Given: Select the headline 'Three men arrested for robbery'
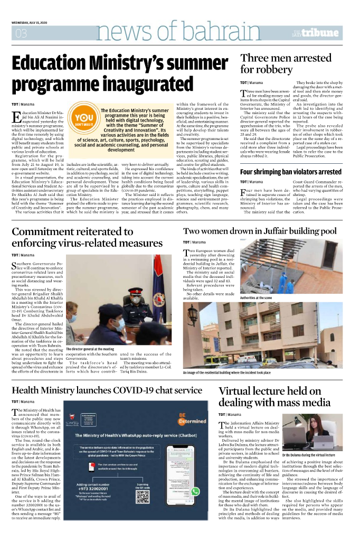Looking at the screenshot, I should click(286, 63).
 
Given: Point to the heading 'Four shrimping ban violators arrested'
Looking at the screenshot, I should click(290, 172).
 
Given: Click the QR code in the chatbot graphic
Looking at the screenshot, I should click(143, 496).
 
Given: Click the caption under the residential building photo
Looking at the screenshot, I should click(238, 373).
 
